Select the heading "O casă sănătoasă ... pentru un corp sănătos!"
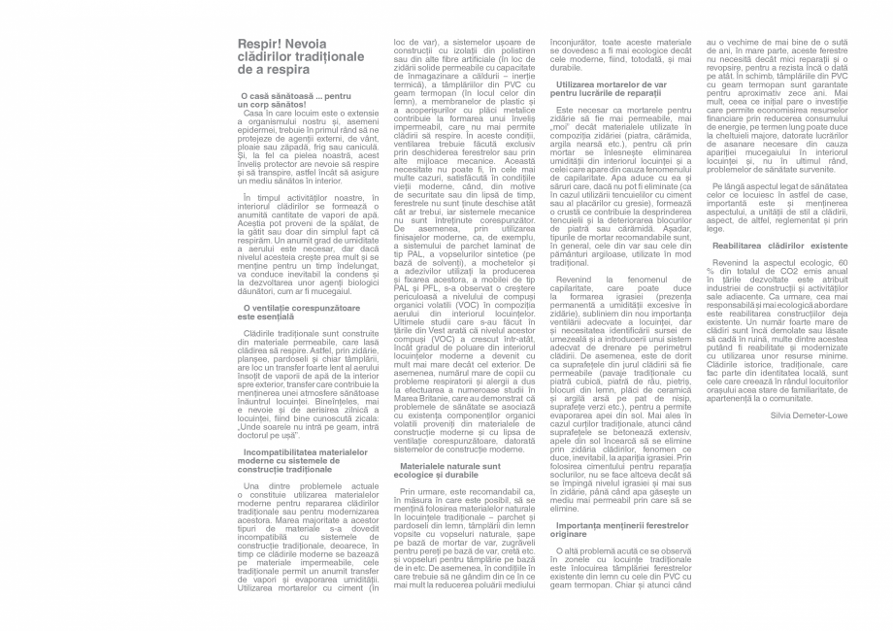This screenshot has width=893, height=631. click(294, 100)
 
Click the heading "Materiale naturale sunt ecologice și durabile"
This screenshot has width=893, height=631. click(451, 470)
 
